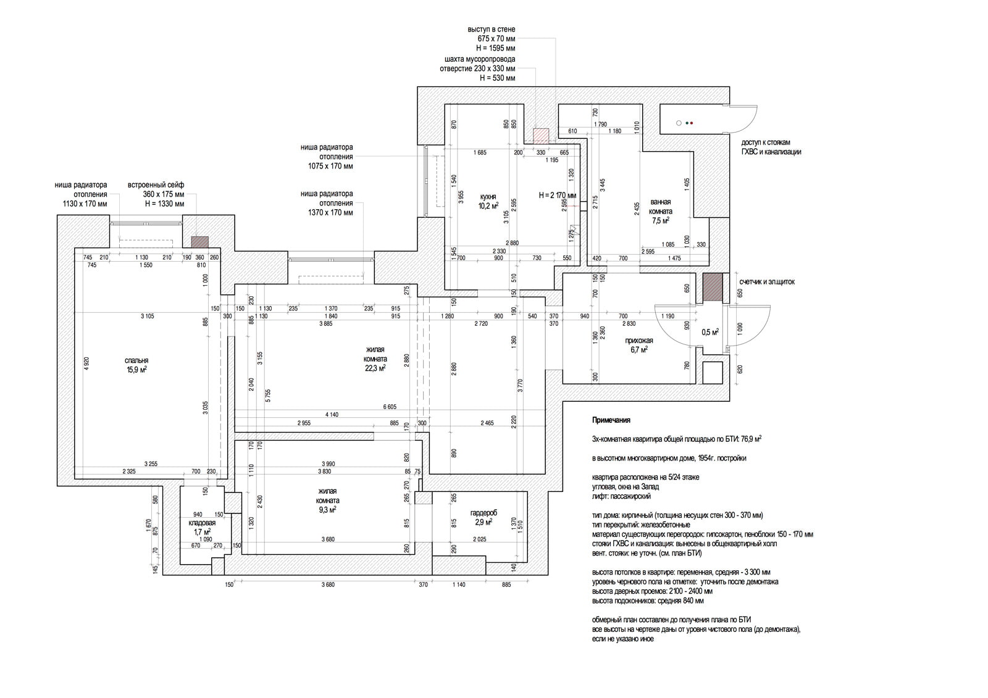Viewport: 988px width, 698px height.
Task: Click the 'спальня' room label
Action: coord(136,361)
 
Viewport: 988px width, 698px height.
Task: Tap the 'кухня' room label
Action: coord(488,197)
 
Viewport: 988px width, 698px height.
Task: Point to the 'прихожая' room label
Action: coord(638,341)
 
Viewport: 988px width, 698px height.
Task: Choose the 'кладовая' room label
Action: coord(202,523)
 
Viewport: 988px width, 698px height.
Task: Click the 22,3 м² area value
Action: coord(375,368)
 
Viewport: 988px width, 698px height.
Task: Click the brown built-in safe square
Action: coord(199,243)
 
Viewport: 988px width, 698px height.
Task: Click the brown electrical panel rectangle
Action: coord(713,287)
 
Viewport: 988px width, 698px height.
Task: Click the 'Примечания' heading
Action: coord(611,420)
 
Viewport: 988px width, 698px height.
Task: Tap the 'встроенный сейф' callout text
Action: coord(156,185)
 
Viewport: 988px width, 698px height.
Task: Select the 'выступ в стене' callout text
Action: coord(492,30)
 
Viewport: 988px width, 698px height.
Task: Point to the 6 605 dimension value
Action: coord(389,407)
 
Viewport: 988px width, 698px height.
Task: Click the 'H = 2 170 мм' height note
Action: coord(558,196)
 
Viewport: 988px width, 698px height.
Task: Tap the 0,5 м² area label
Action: coord(710,332)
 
